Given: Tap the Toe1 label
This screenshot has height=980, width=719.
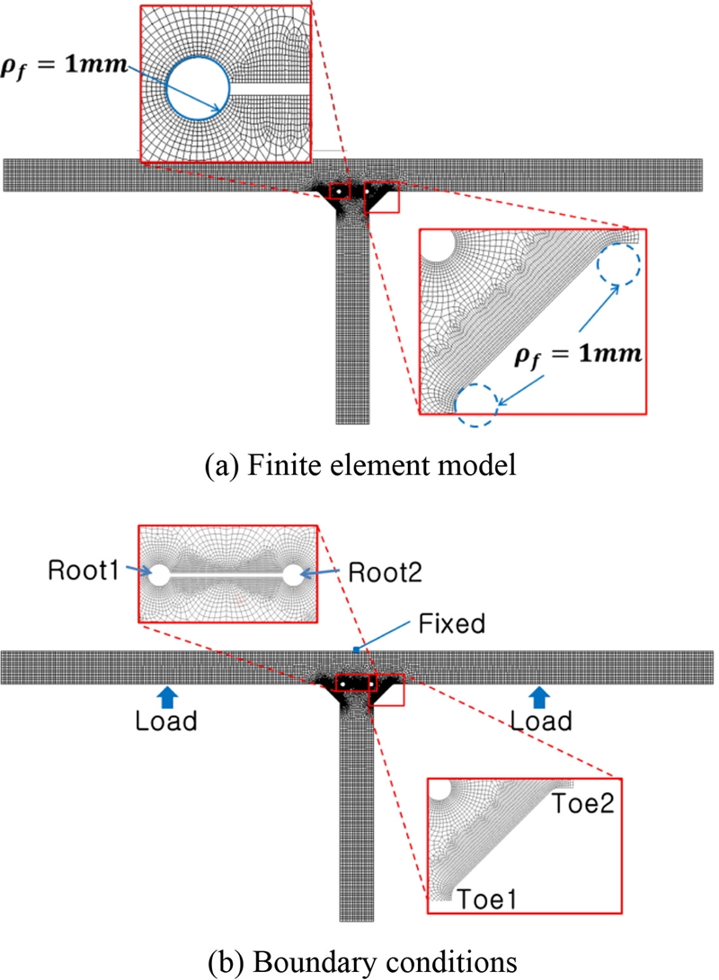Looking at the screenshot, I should tap(487, 896).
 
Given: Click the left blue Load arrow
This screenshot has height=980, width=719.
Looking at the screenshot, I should tap(165, 698).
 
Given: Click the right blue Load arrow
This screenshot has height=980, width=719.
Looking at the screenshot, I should tap(539, 698).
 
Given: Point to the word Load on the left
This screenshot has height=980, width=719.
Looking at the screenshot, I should tap(165, 721).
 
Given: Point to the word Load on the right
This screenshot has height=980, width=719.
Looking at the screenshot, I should tap(539, 721).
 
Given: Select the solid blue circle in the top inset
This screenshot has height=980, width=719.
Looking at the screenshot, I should tap(198, 87).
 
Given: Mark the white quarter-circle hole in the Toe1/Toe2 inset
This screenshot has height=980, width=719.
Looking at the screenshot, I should tap(439, 791).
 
